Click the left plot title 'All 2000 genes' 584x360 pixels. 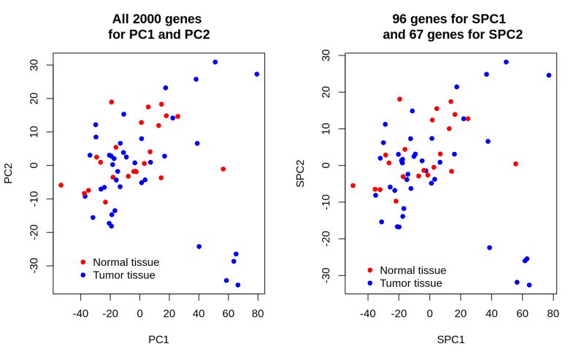pos(158,19)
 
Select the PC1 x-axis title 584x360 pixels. pos(158,339)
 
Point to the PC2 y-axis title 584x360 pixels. pos(9,172)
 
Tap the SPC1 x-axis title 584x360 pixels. pos(450,339)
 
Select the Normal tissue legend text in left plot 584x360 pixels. pos(126,261)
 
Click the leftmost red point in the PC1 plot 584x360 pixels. pos(61,185)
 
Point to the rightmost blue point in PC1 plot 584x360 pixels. pos(257,74)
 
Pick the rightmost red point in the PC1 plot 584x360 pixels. pos(223,169)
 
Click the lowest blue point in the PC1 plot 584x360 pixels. pos(238,285)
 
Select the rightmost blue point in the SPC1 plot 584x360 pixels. pos(549,75)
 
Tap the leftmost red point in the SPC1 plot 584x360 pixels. pos(353,185)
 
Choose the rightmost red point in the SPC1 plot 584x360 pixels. pos(515,164)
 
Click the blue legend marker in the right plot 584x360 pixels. pos(370,283)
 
